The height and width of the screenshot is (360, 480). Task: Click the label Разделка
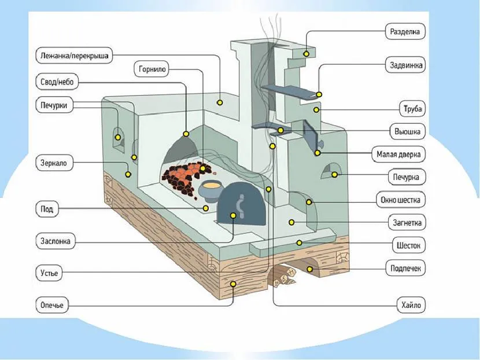coord(405,31)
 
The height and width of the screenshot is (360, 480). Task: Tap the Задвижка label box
coord(405,65)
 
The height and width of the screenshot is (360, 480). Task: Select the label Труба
coord(413,109)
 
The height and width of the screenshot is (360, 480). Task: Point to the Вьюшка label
coord(408,131)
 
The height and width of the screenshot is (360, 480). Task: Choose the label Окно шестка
coord(401,200)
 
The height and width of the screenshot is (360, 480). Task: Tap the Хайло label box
coord(410,303)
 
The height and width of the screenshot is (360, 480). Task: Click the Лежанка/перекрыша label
coord(73,56)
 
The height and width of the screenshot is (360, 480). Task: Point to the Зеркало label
coord(54,163)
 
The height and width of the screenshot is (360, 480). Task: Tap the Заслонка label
coord(56,241)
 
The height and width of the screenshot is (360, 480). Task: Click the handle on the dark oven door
coord(240,204)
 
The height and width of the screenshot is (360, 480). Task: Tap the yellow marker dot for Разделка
coord(306,54)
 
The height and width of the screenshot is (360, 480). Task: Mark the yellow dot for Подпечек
coord(310,269)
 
